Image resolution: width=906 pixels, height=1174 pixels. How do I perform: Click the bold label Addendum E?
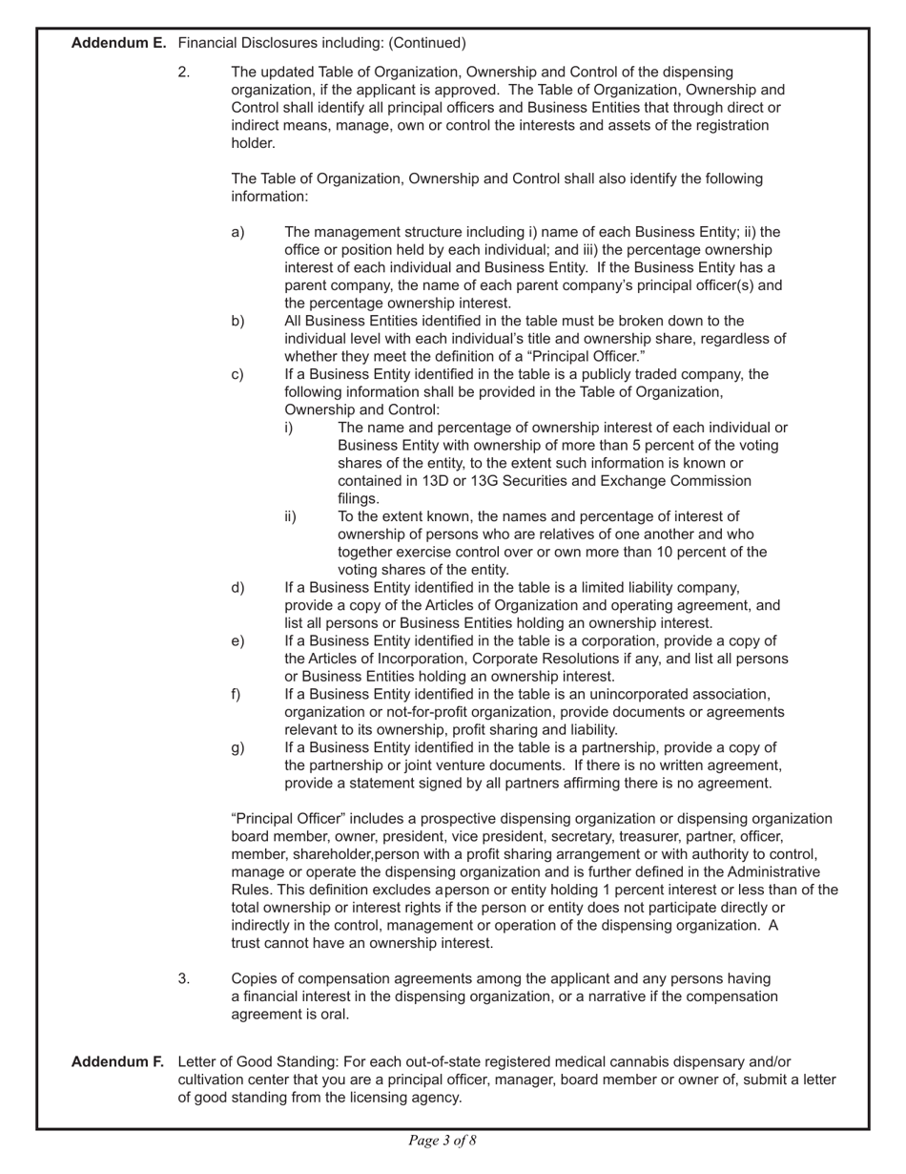tap(119, 43)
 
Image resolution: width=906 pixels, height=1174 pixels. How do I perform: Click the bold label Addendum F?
tap(118, 1062)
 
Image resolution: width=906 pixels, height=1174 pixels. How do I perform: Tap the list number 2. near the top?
tap(184, 72)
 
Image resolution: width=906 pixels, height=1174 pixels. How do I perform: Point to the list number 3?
tap(184, 978)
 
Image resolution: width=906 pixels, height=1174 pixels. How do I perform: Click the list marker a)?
tap(237, 232)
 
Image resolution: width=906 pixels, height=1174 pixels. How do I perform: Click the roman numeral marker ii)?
tap(290, 516)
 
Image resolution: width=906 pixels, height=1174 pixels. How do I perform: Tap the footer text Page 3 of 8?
tap(443, 1140)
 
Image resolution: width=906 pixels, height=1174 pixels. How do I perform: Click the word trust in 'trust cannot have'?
tap(249, 943)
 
